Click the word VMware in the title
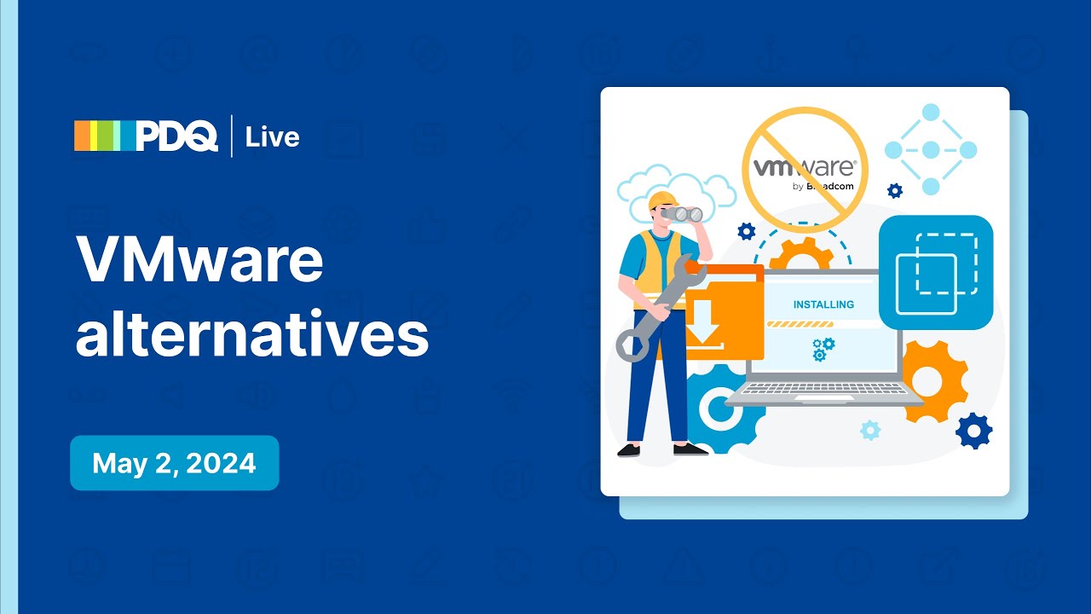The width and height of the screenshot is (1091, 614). tap(199, 259)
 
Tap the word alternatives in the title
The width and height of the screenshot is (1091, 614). tap(251, 334)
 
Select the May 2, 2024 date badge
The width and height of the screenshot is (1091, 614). tap(174, 463)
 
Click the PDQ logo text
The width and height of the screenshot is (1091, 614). tap(177, 136)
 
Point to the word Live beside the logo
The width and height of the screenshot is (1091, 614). tap(272, 137)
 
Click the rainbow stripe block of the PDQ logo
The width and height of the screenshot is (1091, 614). tap(104, 136)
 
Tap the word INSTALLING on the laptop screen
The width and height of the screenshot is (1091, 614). tap(823, 304)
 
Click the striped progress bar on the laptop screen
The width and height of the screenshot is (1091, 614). tap(800, 325)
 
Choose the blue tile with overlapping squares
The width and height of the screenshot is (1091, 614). tap(936, 272)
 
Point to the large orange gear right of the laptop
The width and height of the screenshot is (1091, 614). tap(935, 380)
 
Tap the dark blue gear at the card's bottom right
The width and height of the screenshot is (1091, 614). tap(973, 431)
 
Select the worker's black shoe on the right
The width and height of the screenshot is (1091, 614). tap(687, 449)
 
